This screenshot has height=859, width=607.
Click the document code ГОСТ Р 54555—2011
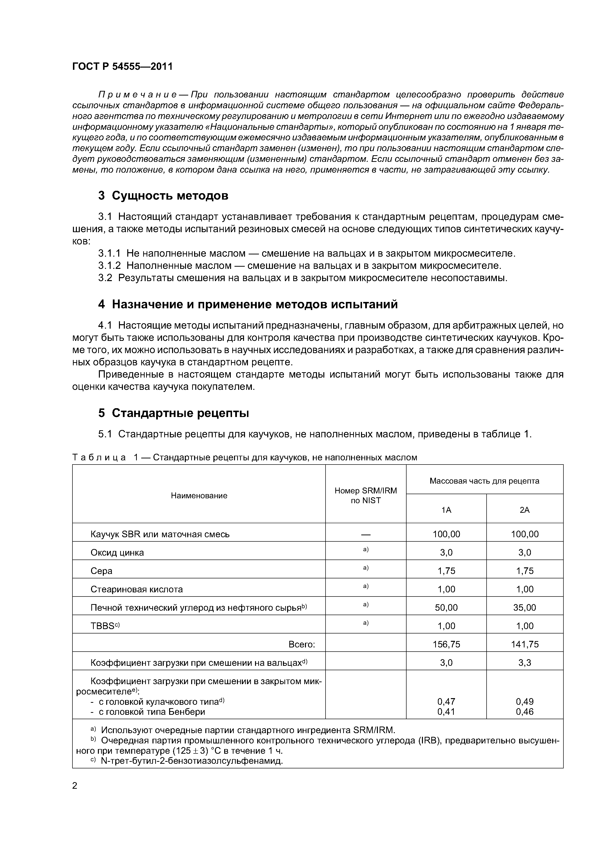122,67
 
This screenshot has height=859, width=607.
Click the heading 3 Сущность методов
163,195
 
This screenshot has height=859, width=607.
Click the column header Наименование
199,496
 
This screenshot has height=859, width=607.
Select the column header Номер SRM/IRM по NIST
365,495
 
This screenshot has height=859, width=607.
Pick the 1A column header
446,510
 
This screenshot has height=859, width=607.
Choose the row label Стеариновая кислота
137,589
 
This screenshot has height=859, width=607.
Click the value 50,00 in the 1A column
446,608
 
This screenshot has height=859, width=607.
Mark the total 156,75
446,644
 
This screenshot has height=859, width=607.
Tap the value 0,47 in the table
446,702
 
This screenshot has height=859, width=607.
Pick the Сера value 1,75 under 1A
446,571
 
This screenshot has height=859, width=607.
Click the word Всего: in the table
302,644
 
